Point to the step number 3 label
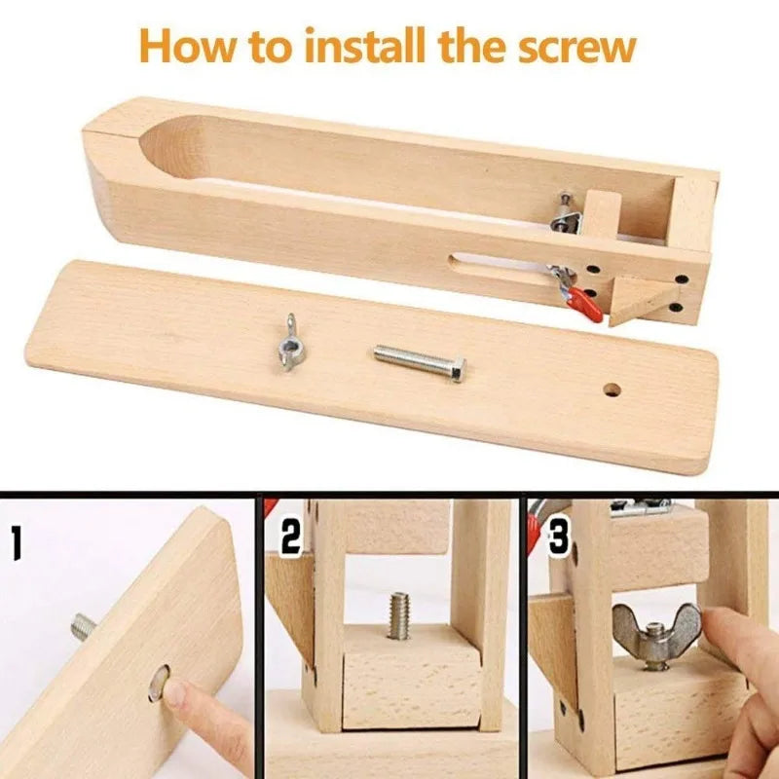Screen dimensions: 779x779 coord(557,537)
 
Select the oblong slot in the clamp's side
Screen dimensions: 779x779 coord(497,260)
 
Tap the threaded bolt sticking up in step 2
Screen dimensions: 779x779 coord(397,615)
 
